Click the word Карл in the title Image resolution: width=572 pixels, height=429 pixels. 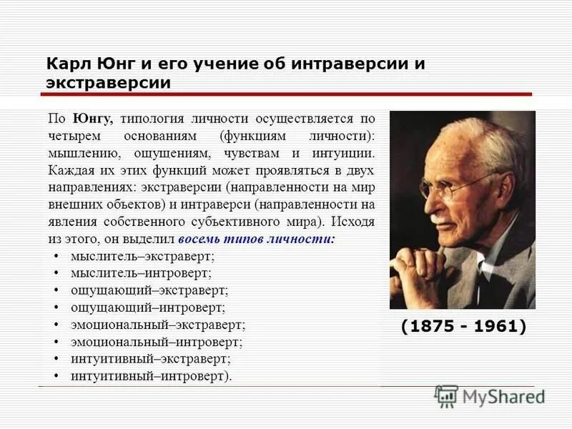click(x=66, y=64)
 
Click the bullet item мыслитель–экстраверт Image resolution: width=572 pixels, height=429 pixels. click(x=142, y=255)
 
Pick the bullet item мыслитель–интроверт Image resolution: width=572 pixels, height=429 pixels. click(x=141, y=272)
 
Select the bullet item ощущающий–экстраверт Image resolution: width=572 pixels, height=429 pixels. click(x=149, y=290)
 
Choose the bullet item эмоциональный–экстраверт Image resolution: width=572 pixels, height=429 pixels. click(x=157, y=325)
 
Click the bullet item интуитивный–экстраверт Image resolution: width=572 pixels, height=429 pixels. click(x=150, y=359)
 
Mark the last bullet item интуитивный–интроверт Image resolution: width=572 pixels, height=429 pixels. click(x=151, y=376)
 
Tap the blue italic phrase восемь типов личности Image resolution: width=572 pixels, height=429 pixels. click(x=255, y=239)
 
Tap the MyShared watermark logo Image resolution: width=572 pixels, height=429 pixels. click(x=490, y=397)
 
